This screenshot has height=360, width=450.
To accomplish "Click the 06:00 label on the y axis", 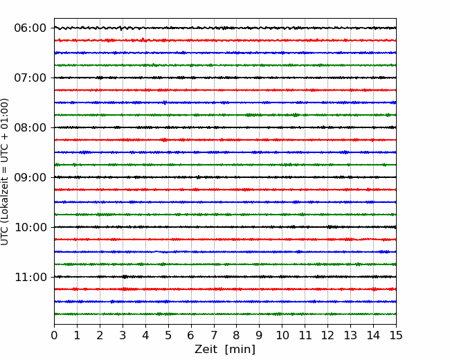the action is pos(30,28).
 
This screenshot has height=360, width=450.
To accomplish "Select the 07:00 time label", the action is pos(30,78).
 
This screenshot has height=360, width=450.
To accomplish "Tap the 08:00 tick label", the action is pos(30,127).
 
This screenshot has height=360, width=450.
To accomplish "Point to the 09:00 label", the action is pos(30,177).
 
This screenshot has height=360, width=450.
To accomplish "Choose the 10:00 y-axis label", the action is pos(30,227).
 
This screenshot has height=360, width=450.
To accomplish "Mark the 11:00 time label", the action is pos(30,277).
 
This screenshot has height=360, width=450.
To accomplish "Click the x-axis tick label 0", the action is pos(54,335).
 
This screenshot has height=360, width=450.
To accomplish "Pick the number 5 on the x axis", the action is pos(168,335).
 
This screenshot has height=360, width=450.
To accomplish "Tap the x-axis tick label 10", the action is pos(282,335).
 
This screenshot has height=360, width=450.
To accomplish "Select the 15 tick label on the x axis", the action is pos(396,335).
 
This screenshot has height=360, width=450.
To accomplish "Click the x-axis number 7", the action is pos(214,335).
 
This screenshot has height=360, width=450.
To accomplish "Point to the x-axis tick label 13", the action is pos(350,335).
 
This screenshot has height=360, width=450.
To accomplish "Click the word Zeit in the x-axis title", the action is pos(206,350).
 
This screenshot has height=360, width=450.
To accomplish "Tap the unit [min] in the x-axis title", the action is pos(240,350).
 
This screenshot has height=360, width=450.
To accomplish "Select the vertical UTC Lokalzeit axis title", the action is pos(5,172).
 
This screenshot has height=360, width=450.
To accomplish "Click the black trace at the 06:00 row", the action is pos(225,28).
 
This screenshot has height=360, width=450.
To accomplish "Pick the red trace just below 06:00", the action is pos(225,40).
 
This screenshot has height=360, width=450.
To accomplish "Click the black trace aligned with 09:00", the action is pos(225,177).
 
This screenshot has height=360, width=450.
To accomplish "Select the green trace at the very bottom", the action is pos(225,314).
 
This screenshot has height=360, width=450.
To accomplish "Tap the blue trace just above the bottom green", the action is pos(225,302).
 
